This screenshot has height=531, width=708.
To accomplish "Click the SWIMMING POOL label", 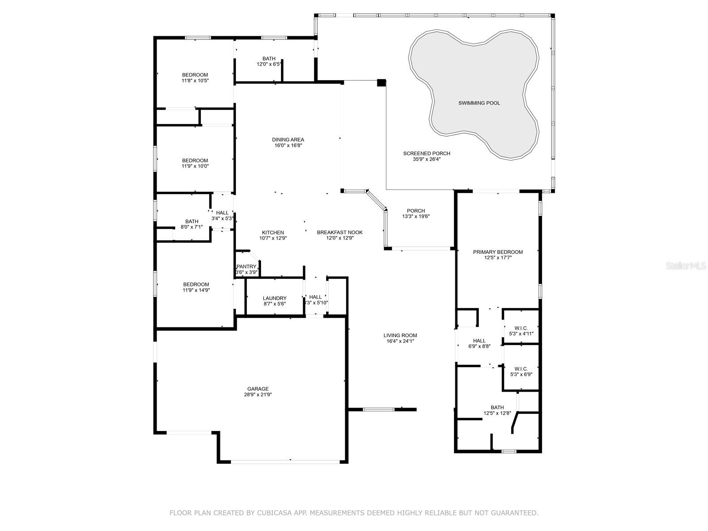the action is [479, 103].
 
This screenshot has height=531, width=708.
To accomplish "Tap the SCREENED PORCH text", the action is [427, 154].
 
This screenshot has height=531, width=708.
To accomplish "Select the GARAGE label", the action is [258, 389].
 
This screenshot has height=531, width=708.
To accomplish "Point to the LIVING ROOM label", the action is [400, 335].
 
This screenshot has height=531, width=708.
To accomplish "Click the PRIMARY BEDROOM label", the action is [498, 252].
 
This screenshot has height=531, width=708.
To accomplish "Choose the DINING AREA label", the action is [288, 139].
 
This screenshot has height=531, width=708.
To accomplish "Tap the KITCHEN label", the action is [273, 232].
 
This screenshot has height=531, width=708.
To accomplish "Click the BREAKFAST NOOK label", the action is [340, 232].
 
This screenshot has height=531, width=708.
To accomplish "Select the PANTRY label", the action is [246, 267].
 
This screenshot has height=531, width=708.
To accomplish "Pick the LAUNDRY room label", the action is [274, 298].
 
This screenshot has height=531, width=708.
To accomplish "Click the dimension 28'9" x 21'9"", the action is [258, 395].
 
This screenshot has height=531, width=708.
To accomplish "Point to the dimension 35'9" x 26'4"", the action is [427, 159].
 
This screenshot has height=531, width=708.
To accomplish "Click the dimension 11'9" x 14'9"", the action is [196, 290].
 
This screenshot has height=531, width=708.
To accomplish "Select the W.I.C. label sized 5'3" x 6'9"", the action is [521, 369].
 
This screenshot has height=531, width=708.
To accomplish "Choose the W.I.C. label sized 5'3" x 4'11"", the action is [521, 328].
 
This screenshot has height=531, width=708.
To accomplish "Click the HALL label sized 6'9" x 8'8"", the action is [479, 341].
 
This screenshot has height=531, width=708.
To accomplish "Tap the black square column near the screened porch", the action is [381, 83].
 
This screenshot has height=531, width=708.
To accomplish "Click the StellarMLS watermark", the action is [686, 265].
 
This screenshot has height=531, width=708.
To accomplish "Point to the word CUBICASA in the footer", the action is [273, 513].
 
